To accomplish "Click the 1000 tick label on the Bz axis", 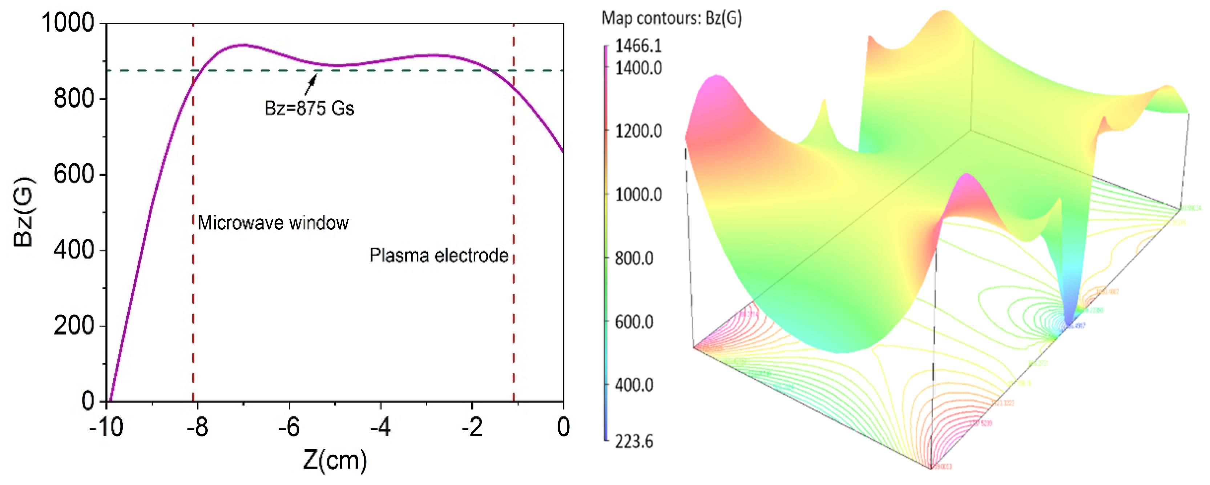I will pos(68,23).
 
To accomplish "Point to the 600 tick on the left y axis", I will pos(74,174).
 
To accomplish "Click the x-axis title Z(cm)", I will pos(334,460).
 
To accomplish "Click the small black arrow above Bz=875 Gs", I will pos(311,85).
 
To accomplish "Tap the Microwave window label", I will pos(273,223).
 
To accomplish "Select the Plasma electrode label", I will pos(438,256).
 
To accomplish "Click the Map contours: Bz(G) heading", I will pos(672,18).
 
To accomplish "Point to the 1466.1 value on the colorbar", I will pos(638,46).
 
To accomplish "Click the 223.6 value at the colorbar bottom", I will pos(634,441).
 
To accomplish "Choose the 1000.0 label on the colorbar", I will pos(638,194).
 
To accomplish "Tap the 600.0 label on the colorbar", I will pos(634,322).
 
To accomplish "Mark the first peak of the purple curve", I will pos(242,45).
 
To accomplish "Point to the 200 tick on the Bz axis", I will pos(74,325).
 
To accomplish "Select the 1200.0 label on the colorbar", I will pos(638,131).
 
